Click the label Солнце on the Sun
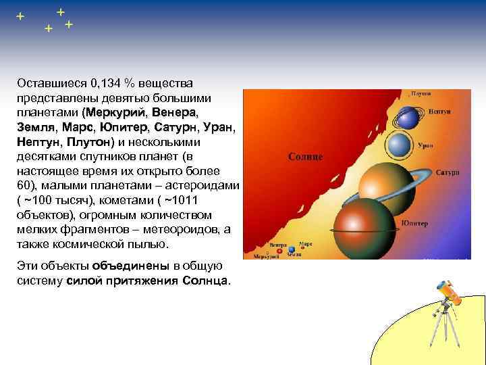tap(306, 157)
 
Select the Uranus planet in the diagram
tap(400, 145)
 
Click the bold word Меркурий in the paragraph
tap(114, 112)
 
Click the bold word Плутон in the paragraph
tap(89, 142)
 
